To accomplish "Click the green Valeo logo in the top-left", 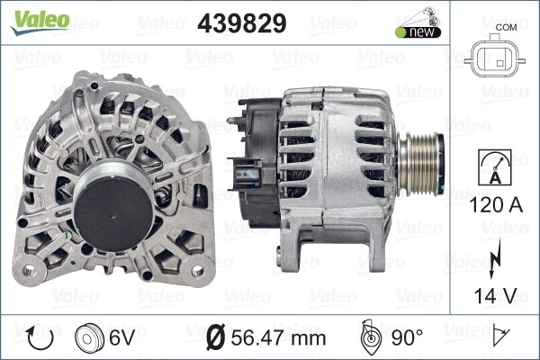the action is point(40,22).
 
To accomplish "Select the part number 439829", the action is point(242,23).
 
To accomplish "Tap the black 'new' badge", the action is point(418,32).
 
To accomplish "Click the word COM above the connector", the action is point(506,27).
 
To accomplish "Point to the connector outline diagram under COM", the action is point(494,56).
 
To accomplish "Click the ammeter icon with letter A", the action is point(494,167).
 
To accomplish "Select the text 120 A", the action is point(496,205).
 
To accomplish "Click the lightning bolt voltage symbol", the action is point(494,258).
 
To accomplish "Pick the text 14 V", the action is point(496,295).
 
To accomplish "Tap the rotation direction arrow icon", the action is point(40,338).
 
